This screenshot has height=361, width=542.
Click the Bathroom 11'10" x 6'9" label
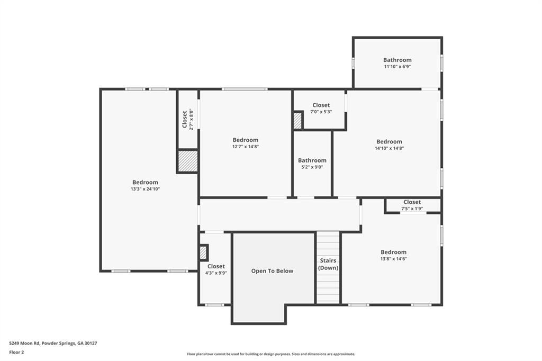397,63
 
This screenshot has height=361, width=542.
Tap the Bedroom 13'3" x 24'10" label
145,185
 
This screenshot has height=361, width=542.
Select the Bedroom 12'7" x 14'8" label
246,143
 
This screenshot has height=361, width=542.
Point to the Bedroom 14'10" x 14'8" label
389,145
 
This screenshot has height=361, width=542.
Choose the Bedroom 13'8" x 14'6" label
393,255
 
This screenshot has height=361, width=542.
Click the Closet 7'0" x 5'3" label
321,108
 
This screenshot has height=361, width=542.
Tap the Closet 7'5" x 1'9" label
412,205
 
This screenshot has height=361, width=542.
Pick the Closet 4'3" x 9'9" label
216,269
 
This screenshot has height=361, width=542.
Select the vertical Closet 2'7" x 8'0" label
187,120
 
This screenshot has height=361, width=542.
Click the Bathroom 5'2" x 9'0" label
312,164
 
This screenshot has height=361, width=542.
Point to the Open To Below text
272,271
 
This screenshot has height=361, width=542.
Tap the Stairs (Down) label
328,264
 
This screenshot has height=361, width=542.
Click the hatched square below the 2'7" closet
187,161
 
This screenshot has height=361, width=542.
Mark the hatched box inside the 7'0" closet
297,121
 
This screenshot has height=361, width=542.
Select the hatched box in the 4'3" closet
203,252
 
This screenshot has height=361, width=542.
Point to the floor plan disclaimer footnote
270,354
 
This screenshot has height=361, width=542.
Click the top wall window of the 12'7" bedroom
245,89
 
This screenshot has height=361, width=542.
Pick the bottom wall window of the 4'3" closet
214,304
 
